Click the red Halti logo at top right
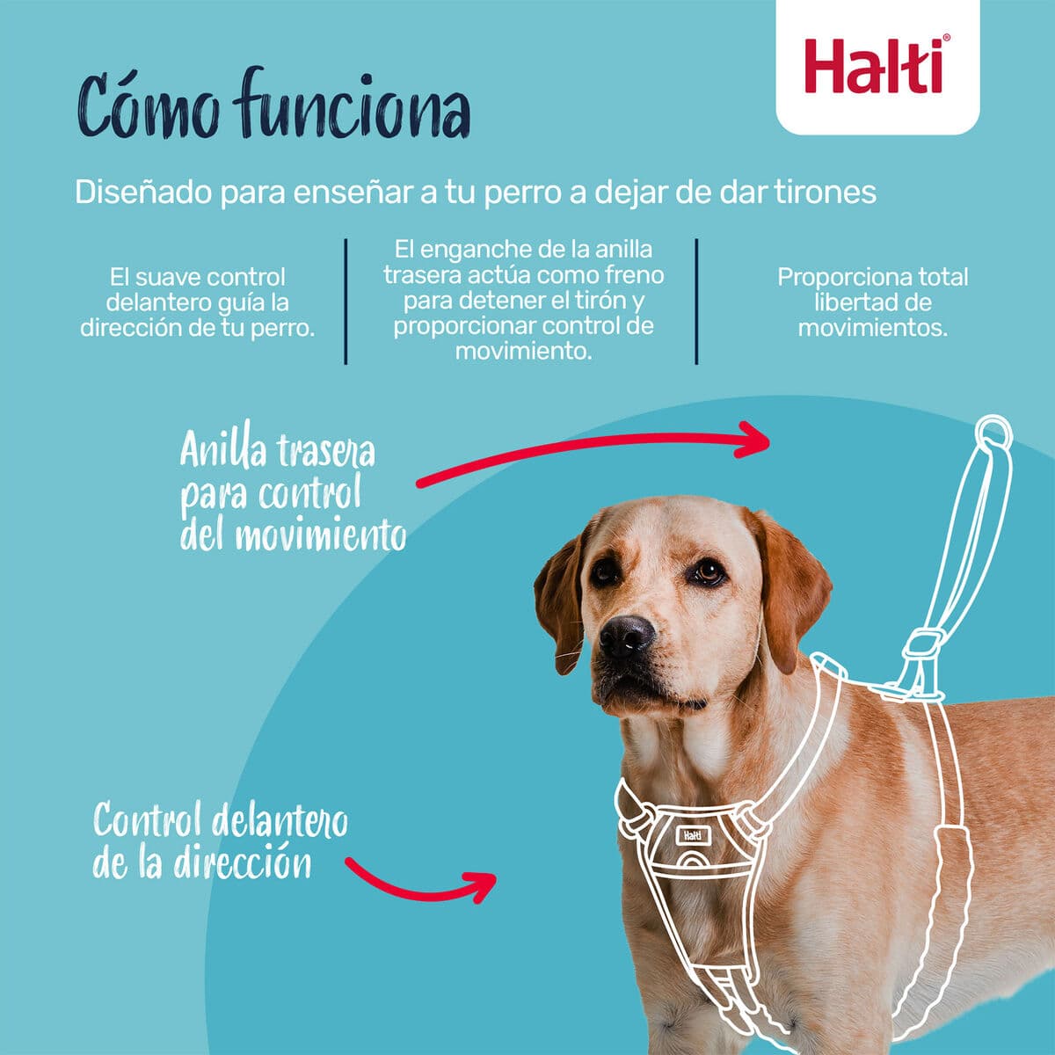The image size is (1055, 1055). (877, 67)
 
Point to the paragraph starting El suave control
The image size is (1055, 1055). (198, 302)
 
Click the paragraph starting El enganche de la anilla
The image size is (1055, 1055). (523, 300)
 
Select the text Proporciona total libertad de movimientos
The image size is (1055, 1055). (872, 302)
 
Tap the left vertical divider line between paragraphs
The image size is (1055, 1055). (346, 301)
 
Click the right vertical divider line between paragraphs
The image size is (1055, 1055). (696, 301)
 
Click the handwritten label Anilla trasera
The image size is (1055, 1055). (278, 451)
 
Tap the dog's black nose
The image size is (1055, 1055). (626, 635)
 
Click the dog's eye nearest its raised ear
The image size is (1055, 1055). (708, 572)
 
